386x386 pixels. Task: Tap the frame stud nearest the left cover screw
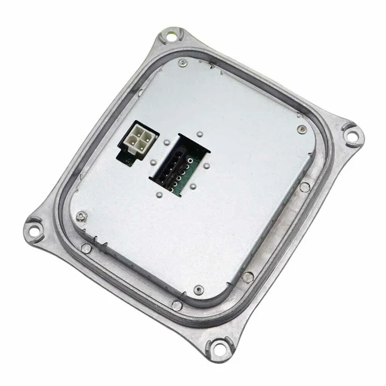pos(86,248)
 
